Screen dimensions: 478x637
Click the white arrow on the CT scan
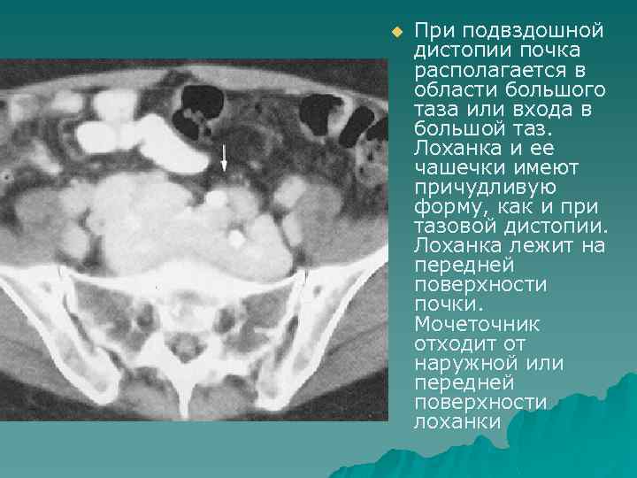224,158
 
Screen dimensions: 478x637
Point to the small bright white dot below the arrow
235,237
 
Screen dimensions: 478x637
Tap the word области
448,90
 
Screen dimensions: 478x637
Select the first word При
432,32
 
